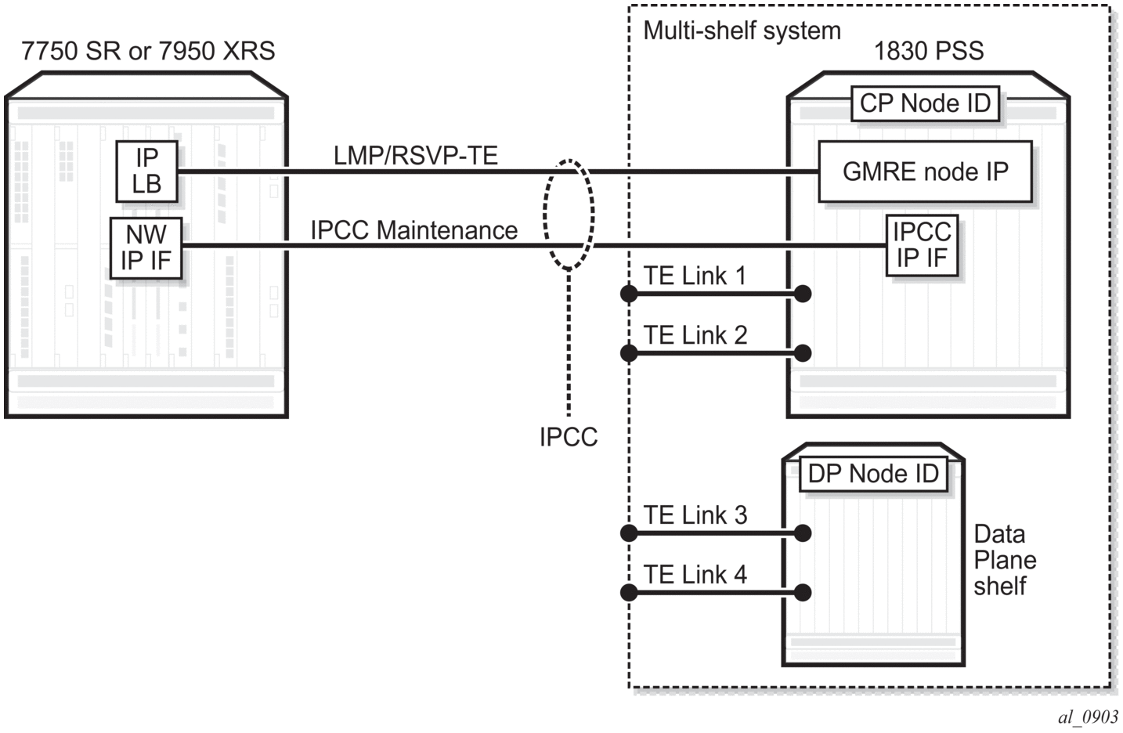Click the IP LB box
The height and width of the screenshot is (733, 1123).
pyautogui.click(x=146, y=171)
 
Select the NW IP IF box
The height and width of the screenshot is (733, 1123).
pyautogui.click(x=146, y=247)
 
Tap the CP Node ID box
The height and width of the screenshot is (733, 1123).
pyautogui.click(x=925, y=103)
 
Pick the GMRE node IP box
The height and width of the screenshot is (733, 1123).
pyautogui.click(x=925, y=172)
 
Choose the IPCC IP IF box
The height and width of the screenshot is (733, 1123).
pyautogui.click(x=922, y=245)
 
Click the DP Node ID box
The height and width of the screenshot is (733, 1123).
pyautogui.click(x=873, y=474)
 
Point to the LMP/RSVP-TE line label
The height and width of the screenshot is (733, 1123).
pyautogui.click(x=416, y=155)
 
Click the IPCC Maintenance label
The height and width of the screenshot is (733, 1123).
pyautogui.click(x=413, y=230)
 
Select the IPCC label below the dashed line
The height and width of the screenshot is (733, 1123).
pyautogui.click(x=569, y=437)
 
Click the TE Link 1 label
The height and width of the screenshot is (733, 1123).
pyautogui.click(x=695, y=276)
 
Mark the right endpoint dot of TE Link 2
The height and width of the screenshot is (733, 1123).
pyautogui.click(x=803, y=353)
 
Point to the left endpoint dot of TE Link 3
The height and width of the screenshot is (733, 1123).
pyautogui.click(x=629, y=533)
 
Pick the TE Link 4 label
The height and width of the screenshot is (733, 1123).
pyautogui.click(x=695, y=575)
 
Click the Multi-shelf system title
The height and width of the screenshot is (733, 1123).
pyautogui.click(x=742, y=31)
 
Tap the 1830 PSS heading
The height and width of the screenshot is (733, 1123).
pyautogui.click(x=928, y=51)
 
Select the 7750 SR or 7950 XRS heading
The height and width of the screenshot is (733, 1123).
pyautogui.click(x=148, y=51)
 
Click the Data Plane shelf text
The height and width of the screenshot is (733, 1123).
pyautogui.click(x=1004, y=560)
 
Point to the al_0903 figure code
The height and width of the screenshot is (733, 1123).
pyautogui.click(x=1088, y=717)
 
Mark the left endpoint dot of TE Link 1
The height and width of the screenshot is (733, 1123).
pyautogui.click(x=629, y=294)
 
